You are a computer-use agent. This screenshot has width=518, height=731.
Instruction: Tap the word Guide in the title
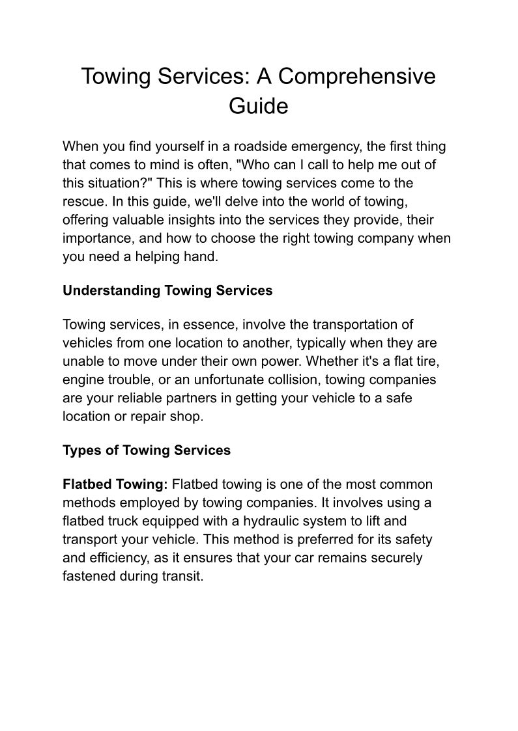(x=258, y=105)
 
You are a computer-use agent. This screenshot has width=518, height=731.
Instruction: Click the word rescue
(x=82, y=201)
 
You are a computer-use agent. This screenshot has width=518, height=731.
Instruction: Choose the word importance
(x=95, y=238)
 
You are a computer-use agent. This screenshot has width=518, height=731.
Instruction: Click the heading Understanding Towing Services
(x=167, y=290)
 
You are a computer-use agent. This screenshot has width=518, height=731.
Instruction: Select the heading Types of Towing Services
(x=147, y=450)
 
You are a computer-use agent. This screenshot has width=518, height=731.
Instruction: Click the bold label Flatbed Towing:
(x=115, y=484)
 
